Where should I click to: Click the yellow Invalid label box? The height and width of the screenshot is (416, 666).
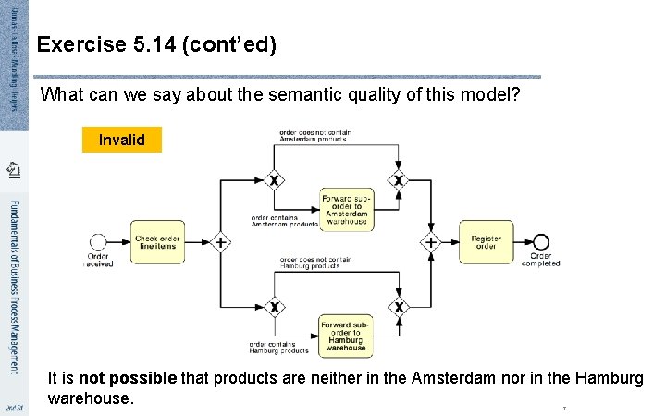tap(121, 140)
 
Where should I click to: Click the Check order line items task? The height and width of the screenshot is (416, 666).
tap(157, 242)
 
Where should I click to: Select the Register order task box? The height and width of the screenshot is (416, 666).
tap(486, 242)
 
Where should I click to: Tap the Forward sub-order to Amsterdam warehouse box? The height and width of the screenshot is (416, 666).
tap(346, 210)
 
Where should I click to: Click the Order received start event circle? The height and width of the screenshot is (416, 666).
tap(98, 242)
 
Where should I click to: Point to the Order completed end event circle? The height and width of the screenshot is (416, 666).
tap(541, 242)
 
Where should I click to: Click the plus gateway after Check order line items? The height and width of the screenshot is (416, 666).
tap(220, 242)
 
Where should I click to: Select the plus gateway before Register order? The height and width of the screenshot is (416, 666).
tap(431, 242)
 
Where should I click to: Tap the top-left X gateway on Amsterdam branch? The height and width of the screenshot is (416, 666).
tap(274, 179)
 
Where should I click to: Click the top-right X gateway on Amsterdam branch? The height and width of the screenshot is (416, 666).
tap(399, 179)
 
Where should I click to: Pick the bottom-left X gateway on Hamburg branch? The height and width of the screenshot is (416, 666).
tap(274, 306)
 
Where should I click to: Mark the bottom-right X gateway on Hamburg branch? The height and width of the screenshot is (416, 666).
tap(399, 306)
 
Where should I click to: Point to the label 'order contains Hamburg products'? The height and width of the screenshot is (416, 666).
tap(278, 348)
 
